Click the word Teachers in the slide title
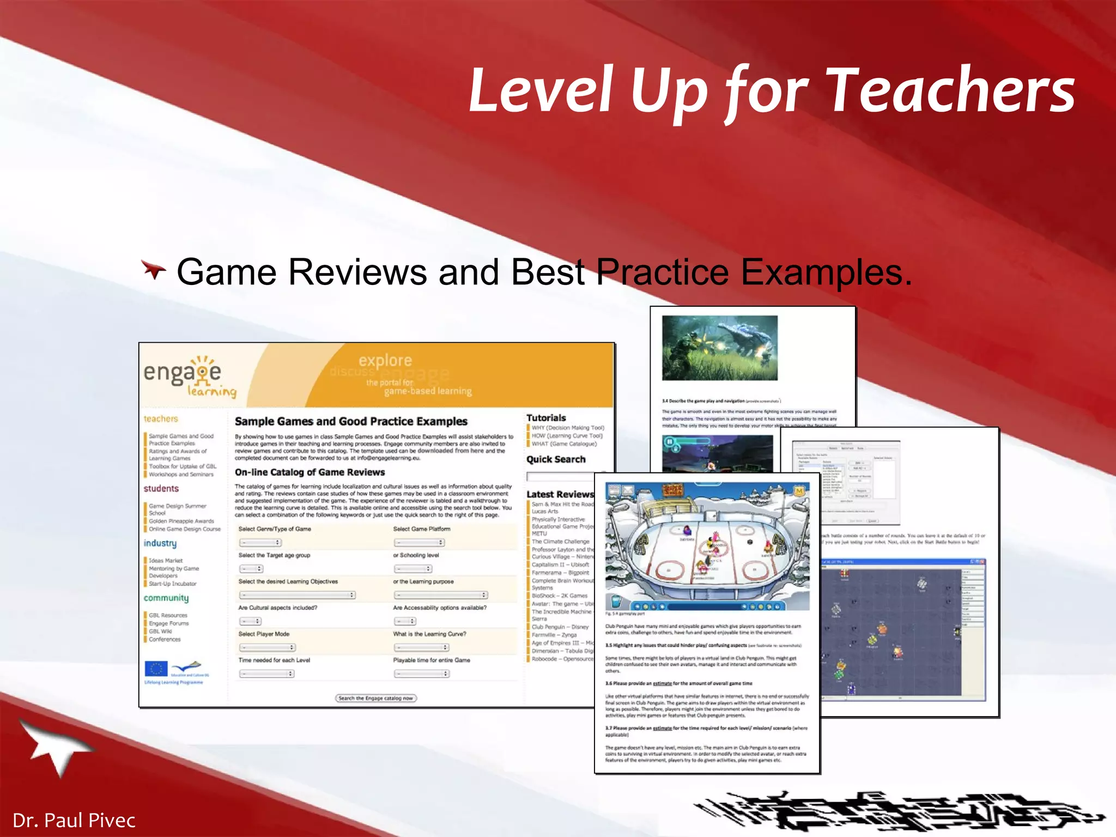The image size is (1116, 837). point(951,90)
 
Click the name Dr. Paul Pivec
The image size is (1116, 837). point(74,820)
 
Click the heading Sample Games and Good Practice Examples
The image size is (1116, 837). point(351,421)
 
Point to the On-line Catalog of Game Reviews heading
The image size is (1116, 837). point(310,472)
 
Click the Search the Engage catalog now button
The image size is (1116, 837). point(375,698)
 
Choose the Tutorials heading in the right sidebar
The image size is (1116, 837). point(546,418)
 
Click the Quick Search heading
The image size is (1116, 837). point(556,459)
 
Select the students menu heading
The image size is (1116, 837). point(161,489)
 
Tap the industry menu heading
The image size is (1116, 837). point(160,543)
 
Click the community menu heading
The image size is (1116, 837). point(166,598)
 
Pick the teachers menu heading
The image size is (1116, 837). point(161,419)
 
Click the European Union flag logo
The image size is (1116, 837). point(156,669)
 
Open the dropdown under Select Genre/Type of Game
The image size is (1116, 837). point(260,542)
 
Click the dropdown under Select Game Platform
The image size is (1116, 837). point(419,542)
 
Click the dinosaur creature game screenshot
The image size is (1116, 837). point(719,348)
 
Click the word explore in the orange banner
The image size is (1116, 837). point(385,360)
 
